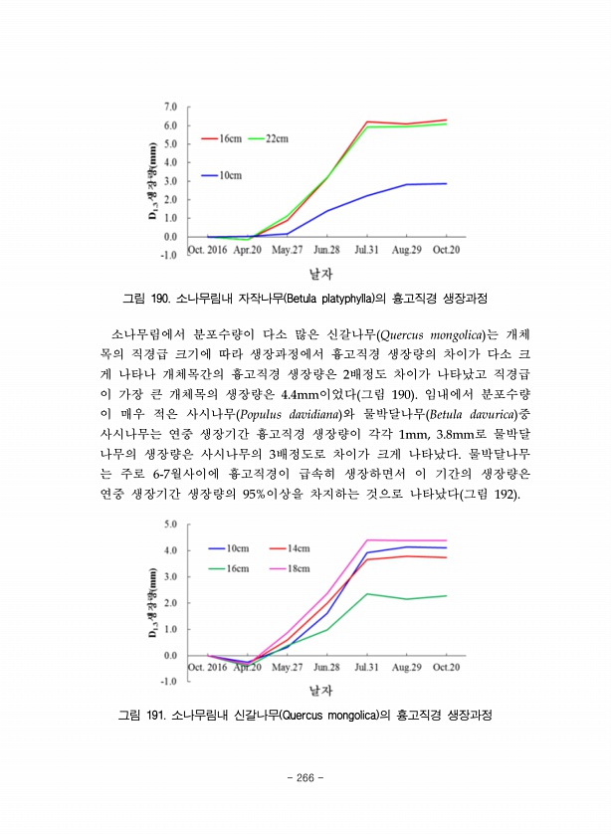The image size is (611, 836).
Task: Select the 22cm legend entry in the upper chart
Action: [276, 139]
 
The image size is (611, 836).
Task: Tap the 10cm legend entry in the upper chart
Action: [229, 175]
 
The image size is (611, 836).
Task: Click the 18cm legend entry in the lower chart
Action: [299, 568]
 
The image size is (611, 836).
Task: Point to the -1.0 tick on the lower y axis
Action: [168, 682]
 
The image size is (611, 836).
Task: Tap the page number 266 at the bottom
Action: [305, 778]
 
